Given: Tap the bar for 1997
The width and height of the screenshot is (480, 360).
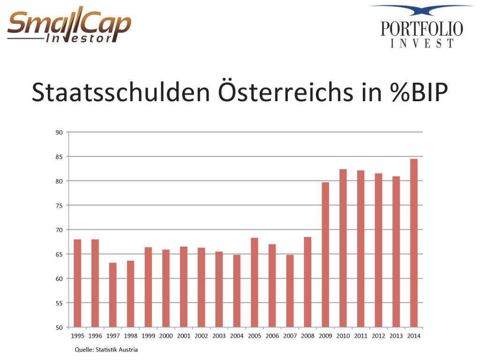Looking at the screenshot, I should (x=112, y=295).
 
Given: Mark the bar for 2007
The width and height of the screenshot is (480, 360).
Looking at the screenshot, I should (x=290, y=291).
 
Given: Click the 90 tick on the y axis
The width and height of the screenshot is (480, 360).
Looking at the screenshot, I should (x=59, y=132).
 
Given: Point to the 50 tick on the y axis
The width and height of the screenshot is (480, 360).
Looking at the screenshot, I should (x=59, y=327).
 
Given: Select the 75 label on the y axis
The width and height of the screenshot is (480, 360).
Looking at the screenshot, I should (x=59, y=205).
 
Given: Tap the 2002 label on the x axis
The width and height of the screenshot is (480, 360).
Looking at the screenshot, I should (x=201, y=336).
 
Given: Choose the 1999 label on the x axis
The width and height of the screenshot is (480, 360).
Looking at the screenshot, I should (x=148, y=336).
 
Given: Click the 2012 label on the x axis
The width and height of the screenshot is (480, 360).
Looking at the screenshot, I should (x=378, y=336).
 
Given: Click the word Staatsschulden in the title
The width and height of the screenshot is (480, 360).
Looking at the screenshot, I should (x=120, y=93).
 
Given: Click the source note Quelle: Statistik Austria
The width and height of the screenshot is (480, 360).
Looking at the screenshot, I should (x=106, y=350).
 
